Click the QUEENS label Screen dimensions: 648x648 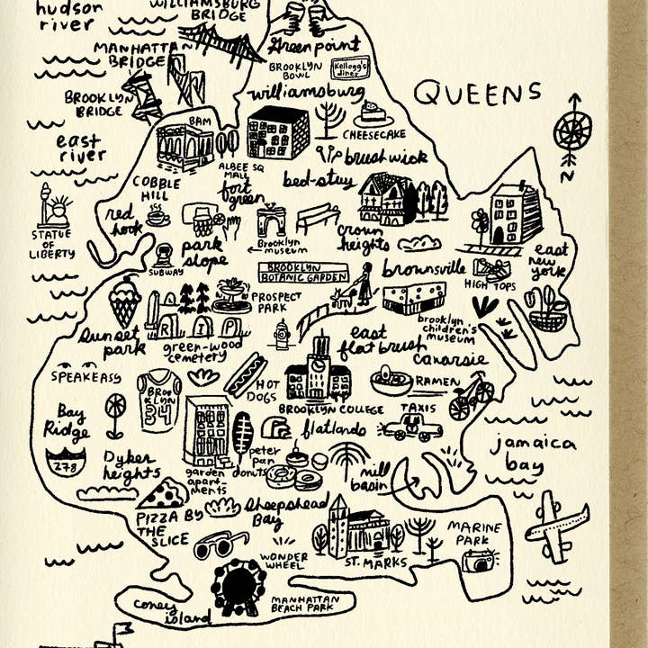pyautogui.click(x=478, y=92)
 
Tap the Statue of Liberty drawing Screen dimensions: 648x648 pyautogui.click(x=54, y=209)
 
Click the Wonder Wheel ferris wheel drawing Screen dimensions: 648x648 pyautogui.click(x=238, y=586)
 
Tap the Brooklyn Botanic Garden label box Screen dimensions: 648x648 pyautogui.click(x=303, y=273)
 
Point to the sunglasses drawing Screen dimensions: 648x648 pyautogui.click(x=220, y=544)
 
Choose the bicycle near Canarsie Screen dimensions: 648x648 pyautogui.click(x=472, y=396)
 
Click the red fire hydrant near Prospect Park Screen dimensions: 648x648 pyautogui.click(x=282, y=334)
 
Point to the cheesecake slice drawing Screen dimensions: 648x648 pyautogui.click(x=372, y=114)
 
